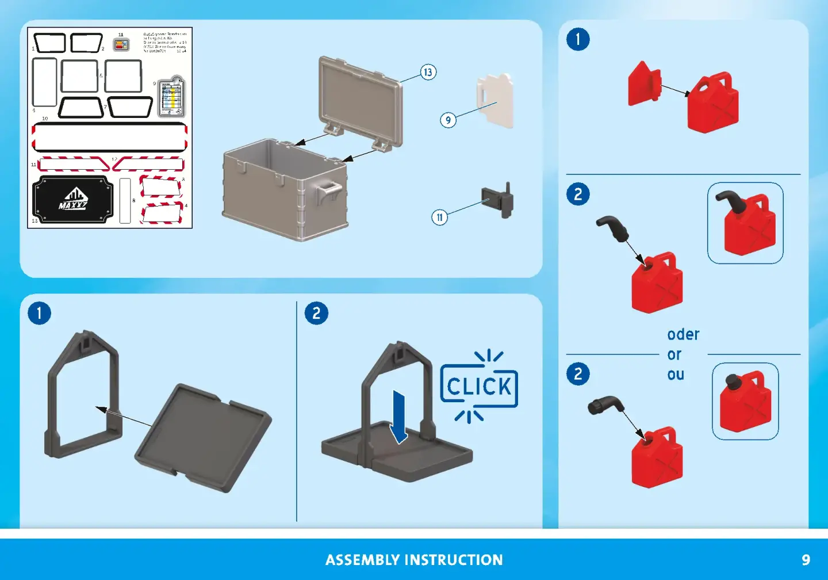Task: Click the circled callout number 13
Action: (x=428, y=72)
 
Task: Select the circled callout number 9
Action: (x=448, y=120)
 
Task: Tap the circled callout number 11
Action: (x=440, y=217)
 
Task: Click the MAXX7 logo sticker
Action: (x=72, y=200)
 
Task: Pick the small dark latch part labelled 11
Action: (x=499, y=201)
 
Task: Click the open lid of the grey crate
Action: (x=360, y=100)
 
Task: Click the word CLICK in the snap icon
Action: (x=479, y=387)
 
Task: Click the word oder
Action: (x=683, y=335)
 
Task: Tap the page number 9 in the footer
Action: (x=806, y=560)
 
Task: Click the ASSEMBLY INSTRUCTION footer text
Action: (x=414, y=560)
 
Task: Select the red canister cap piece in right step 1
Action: (x=644, y=85)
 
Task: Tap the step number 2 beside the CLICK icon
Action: (x=316, y=314)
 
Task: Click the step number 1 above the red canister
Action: (x=578, y=40)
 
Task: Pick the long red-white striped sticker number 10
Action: (x=109, y=137)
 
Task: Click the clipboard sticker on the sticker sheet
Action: (x=171, y=96)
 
